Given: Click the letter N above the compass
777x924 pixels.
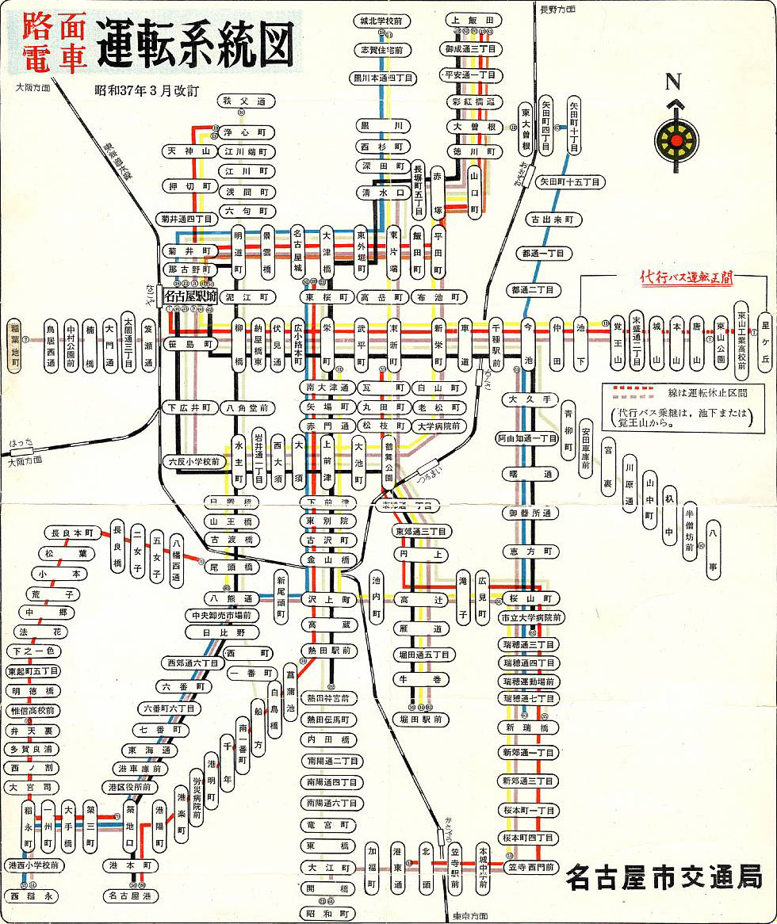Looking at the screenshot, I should coord(674,81).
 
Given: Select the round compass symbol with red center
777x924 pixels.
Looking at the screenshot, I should coord(676,140).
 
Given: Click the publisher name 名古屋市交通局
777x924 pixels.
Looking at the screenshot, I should coord(664,878).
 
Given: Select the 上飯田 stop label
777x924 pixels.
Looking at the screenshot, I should coord(473,19).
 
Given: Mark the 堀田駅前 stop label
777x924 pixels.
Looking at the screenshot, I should coord(420,719).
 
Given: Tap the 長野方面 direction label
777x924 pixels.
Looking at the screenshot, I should coord(559,10).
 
